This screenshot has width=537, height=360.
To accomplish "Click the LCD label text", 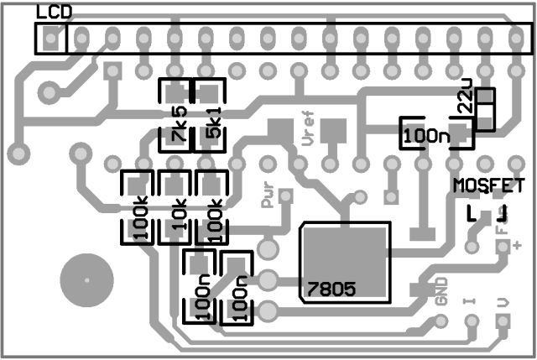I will coord(55,12).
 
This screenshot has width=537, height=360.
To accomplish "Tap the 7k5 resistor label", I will coord(178,123).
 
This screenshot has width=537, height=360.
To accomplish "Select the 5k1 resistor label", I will coord(212,123).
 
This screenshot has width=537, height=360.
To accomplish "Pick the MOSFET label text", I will coord(489,185).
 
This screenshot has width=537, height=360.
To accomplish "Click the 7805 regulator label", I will coord(331,289).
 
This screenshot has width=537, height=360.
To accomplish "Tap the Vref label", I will coord(307,130).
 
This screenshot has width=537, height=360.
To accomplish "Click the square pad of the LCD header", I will coord(52,38).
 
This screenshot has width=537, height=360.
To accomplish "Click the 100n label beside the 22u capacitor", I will coord(425,134).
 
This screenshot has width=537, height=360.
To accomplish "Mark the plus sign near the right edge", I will coord(518,245).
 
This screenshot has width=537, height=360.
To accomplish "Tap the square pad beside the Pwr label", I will coord(286,196).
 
